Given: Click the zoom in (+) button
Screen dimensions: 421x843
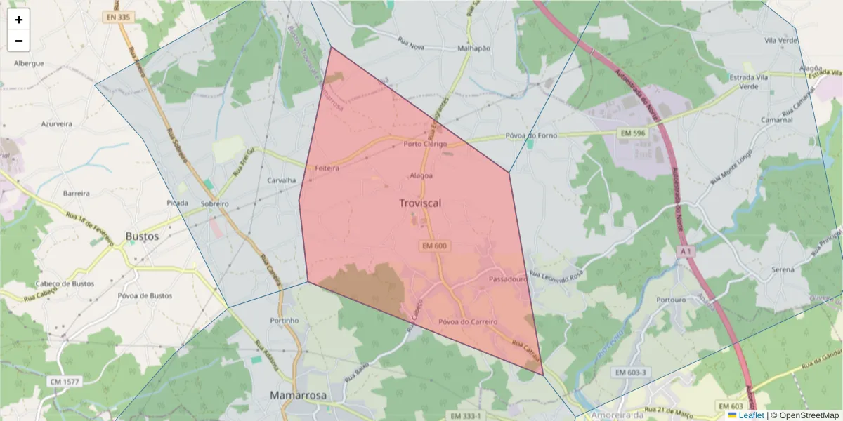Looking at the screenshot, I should coord(19,20).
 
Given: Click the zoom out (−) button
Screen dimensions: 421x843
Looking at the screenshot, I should coord(19,41).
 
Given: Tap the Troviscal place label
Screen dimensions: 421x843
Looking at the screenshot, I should coord(421,203).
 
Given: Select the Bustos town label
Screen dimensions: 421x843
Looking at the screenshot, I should coord(142,236).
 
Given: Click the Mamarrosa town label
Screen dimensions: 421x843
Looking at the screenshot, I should coord(298,396).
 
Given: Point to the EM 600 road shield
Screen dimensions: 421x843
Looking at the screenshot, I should coord(435,246).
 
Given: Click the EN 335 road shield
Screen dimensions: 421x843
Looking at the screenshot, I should coord(117,16).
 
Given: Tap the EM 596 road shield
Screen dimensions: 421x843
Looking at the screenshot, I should coord(633,133).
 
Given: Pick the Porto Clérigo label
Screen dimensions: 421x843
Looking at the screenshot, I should coord(425,144).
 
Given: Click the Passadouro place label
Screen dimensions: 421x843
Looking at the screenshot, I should coord(507,279).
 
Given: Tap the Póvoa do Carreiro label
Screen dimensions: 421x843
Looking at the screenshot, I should coord(468,322).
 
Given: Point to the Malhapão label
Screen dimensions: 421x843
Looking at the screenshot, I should coord(473,48).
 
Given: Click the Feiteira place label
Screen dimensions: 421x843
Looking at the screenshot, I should coord(327,168).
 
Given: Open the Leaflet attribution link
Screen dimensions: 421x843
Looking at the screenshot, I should coord(751,415).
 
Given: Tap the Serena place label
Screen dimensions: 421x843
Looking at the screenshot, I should coord(783,269).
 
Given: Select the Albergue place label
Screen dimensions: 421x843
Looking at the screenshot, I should coord(29,63).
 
